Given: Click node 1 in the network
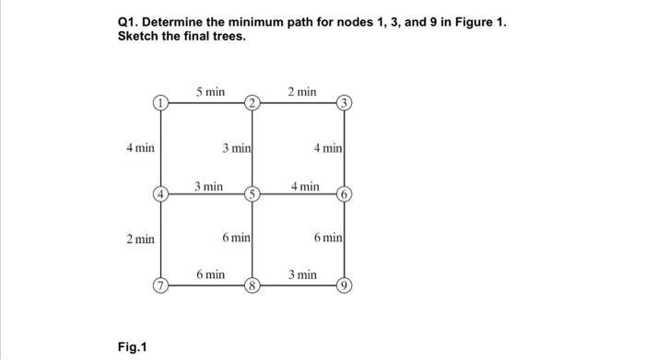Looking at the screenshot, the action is pos(160,102).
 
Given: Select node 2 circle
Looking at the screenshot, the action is pos(251,102).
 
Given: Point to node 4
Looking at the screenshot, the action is pos(160,193).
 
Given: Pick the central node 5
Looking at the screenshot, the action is pos(251,193).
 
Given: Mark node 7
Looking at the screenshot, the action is pos(160,284).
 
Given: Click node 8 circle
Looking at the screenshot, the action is pos(251,284).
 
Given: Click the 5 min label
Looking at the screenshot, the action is pos(210,91).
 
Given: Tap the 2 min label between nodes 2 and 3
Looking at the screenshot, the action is pos(301,91).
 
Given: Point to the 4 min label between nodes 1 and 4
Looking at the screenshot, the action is pos(140,147).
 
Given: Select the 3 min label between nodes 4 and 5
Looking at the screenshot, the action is pos(209,186).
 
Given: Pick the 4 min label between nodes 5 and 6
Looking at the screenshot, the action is pos(305,186).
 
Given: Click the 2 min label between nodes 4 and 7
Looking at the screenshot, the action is pos(140,238).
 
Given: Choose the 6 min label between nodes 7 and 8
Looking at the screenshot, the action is pos(210,274).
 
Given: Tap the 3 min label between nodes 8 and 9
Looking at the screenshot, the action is pos(302,274).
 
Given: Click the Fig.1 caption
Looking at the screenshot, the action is pos(132,346).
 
